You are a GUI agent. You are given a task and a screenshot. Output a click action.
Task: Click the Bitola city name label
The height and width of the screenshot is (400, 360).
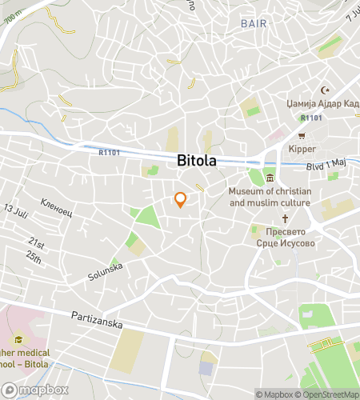point(196,161)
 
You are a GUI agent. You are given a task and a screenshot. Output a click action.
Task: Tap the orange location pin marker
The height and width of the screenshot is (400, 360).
point(181,200)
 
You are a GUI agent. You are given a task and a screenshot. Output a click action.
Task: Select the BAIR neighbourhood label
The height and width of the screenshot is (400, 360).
point(254,24)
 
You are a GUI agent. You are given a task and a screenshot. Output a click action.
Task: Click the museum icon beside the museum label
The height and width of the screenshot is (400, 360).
point(270,178)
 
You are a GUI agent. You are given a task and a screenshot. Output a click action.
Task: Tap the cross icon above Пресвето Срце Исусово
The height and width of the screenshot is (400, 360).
point(284,218)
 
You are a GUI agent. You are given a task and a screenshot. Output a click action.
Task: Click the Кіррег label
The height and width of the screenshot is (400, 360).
point(302,149)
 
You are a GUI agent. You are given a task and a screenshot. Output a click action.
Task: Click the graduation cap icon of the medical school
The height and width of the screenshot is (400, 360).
point(18,339)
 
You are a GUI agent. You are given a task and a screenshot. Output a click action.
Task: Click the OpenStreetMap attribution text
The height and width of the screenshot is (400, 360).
point(327,394)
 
